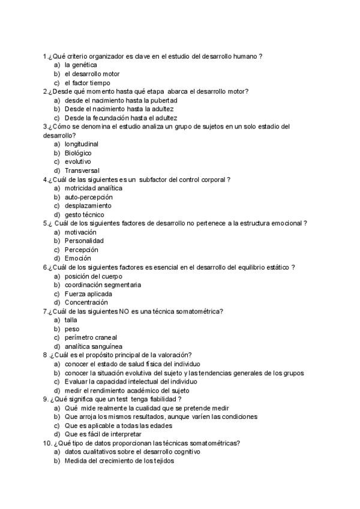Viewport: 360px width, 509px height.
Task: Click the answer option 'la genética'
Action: (x=81, y=65)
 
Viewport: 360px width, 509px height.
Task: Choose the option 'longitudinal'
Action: (x=82, y=144)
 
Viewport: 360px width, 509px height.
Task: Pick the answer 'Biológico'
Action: (x=78, y=153)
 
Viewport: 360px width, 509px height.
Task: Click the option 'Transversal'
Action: (x=82, y=170)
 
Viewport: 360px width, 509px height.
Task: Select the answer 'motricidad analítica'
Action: (x=93, y=188)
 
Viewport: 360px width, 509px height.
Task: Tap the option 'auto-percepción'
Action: (x=89, y=197)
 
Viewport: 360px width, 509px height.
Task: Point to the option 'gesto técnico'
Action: (x=85, y=214)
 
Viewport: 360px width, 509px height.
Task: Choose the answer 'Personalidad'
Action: (x=83, y=241)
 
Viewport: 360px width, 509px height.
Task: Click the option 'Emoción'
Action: (x=78, y=258)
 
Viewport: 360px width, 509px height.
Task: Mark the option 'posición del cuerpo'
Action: (x=93, y=276)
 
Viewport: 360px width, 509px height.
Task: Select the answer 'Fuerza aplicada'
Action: (x=88, y=294)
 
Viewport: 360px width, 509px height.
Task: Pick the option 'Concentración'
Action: (x=86, y=303)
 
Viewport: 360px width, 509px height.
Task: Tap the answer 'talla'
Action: (x=71, y=320)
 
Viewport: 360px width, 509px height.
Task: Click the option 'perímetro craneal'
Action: (x=91, y=337)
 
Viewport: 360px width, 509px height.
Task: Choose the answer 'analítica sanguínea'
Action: (x=94, y=346)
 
